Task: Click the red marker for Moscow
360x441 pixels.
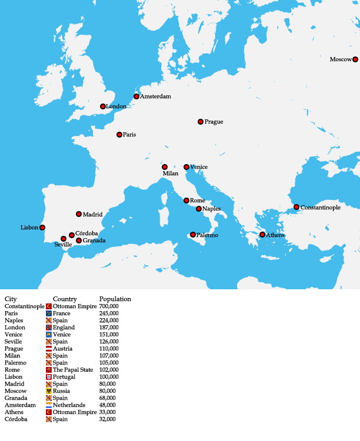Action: (x=355, y=59)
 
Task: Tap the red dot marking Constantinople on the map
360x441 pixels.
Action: (x=296, y=207)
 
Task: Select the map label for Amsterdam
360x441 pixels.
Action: (x=155, y=96)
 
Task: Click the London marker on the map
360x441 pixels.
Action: (x=103, y=106)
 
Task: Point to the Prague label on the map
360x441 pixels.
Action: (x=214, y=122)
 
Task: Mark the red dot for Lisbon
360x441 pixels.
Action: (x=42, y=228)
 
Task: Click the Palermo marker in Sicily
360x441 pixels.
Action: (x=192, y=235)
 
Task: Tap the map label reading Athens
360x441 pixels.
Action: (x=275, y=235)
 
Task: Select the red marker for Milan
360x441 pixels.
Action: (x=165, y=167)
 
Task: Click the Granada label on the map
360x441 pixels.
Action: (x=94, y=240)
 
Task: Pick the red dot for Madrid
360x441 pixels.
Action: (x=79, y=214)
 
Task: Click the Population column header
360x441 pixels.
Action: (x=115, y=299)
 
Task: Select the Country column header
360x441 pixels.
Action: (x=65, y=299)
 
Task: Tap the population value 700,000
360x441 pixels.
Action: (x=109, y=306)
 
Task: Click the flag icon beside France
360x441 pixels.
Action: (x=49, y=313)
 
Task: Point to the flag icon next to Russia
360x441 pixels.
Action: (x=49, y=390)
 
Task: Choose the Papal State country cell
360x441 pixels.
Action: (x=73, y=369)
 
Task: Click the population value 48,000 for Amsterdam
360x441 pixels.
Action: (x=108, y=405)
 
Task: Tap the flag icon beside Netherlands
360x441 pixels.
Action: (x=49, y=405)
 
